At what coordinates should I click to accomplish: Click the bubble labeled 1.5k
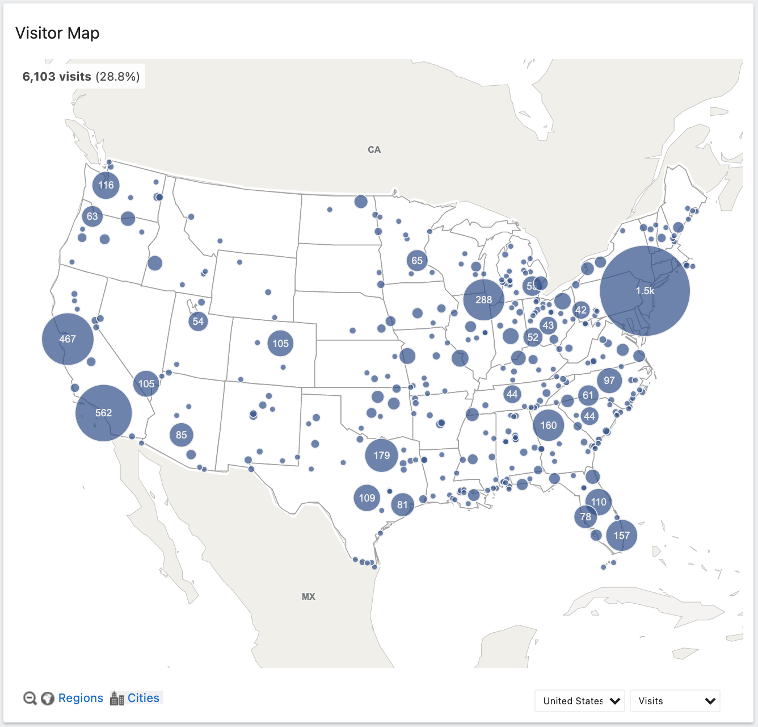(x=645, y=291)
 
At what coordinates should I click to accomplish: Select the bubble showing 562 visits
(x=103, y=413)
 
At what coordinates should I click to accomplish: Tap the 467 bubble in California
(x=68, y=339)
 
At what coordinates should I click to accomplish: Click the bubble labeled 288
(x=483, y=299)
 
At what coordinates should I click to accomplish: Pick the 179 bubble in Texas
(x=381, y=456)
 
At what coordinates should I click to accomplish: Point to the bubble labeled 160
(x=548, y=425)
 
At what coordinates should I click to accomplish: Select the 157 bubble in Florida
(x=621, y=536)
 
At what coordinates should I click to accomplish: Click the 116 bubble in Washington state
(x=106, y=185)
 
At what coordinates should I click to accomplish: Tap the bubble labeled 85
(x=181, y=435)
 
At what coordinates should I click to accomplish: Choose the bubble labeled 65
(x=417, y=261)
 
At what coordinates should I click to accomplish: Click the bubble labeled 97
(x=609, y=381)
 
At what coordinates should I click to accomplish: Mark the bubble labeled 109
(x=367, y=498)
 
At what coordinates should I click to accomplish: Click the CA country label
(x=374, y=150)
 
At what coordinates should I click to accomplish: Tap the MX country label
(x=308, y=596)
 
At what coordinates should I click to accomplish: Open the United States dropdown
(x=579, y=701)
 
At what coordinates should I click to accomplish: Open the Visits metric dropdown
(x=675, y=701)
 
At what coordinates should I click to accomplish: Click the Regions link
(x=81, y=698)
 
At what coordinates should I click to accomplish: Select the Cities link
(x=143, y=698)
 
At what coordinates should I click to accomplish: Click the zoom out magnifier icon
(x=30, y=698)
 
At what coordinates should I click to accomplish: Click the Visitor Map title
(x=57, y=33)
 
